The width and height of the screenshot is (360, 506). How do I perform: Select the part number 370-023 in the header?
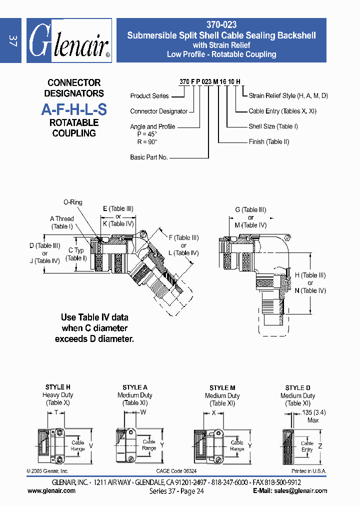click(x=221, y=24)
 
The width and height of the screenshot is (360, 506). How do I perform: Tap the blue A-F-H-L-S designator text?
click(x=73, y=109)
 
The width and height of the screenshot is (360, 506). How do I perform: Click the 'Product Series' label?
click(x=149, y=96)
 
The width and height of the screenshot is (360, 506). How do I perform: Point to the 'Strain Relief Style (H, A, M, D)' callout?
click(x=288, y=95)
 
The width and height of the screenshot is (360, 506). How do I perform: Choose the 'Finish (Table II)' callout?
click(x=269, y=142)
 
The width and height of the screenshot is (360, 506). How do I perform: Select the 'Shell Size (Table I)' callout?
click(x=273, y=126)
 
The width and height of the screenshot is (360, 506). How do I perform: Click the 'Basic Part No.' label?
click(x=148, y=157)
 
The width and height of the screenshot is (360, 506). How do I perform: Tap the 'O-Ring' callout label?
click(x=73, y=202)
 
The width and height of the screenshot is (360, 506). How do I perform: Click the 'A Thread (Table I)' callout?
click(x=62, y=222)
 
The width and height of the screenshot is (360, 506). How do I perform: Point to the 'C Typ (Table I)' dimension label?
click(x=76, y=254)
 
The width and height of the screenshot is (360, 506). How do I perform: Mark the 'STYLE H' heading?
click(x=58, y=387)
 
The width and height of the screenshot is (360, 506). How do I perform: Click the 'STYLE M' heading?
click(x=222, y=388)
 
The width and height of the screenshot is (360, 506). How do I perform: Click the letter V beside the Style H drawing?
click(x=90, y=445)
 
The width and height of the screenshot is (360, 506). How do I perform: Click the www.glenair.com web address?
click(x=51, y=491)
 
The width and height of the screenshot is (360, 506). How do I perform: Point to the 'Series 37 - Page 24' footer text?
click(x=176, y=491)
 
